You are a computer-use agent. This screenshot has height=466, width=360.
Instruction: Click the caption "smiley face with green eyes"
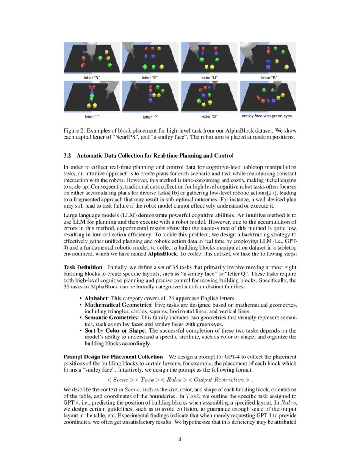pos(266,116)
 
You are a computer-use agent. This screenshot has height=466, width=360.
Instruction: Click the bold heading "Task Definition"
pos(83,267)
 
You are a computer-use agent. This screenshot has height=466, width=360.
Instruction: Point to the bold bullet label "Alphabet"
pos(97,298)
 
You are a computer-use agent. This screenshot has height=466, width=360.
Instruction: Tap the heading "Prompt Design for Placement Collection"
pos(113,357)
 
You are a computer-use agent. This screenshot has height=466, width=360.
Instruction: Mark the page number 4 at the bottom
pos(180,439)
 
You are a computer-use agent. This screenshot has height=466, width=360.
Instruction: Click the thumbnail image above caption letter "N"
pos(92,58)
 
